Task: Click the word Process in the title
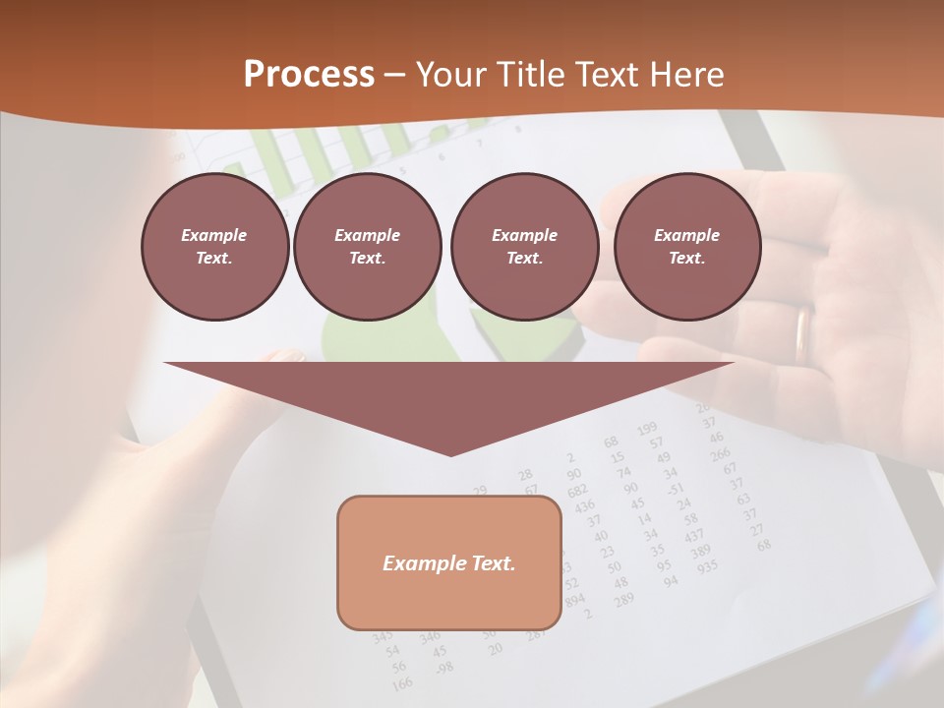(309, 75)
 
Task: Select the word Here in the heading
(687, 75)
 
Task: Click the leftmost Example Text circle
(214, 247)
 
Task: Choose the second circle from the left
(368, 247)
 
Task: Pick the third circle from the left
(524, 247)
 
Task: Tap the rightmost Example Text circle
(687, 247)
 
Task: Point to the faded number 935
(707, 567)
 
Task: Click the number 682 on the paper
(577, 490)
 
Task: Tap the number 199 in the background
(646, 429)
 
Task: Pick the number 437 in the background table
(694, 535)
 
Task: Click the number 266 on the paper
(721, 453)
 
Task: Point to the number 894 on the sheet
(575, 599)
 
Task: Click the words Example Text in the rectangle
(449, 563)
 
